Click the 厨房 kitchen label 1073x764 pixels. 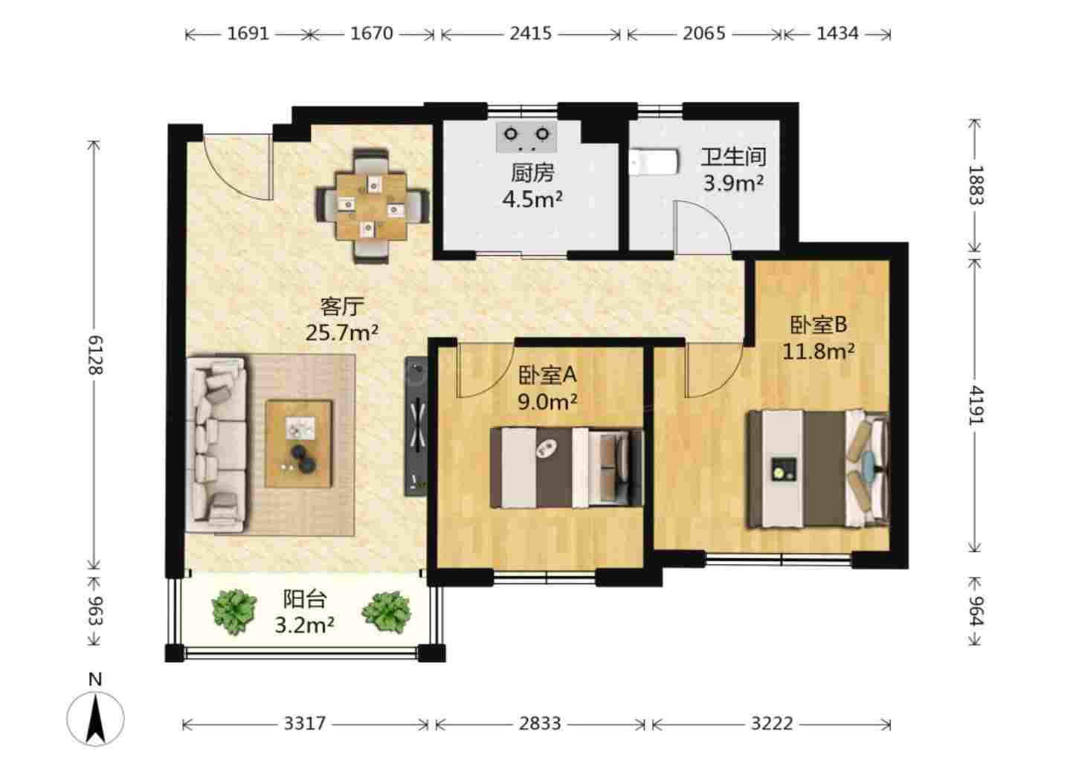click(532, 173)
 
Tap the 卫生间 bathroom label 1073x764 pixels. click(733, 157)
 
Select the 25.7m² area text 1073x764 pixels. click(342, 332)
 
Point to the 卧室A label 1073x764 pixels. click(547, 375)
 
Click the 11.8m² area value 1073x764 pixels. click(818, 352)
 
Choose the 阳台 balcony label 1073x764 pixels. click(305, 599)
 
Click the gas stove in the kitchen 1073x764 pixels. click(526, 137)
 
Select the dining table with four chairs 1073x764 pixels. click(373, 206)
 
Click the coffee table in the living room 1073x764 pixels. click(299, 444)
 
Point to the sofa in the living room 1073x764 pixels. click(216, 443)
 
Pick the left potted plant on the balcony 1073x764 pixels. click(234, 612)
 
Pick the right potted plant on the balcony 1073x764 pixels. click(387, 612)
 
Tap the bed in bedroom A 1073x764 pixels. click(567, 467)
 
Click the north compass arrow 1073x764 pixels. click(95, 718)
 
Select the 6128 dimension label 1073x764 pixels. click(95, 355)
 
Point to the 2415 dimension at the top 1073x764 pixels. click(530, 33)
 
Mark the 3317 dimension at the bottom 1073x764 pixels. click(305, 723)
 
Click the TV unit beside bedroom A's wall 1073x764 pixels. click(416, 426)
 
